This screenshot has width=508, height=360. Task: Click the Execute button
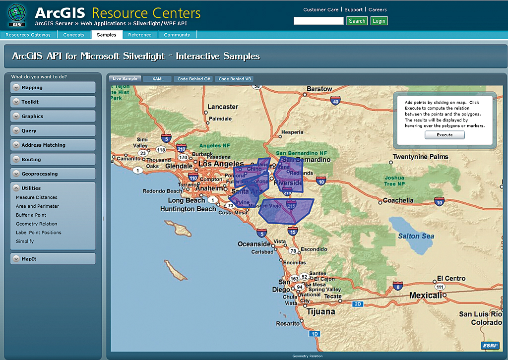click(x=444, y=135)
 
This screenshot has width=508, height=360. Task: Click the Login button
click(x=379, y=21)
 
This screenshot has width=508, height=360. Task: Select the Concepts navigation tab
click(x=74, y=35)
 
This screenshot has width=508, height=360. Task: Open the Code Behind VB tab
click(x=235, y=79)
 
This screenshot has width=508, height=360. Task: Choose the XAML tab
click(x=158, y=79)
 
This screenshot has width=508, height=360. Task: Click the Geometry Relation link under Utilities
click(x=37, y=224)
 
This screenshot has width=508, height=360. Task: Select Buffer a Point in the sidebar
click(x=31, y=215)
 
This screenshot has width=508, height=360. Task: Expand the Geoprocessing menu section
click(x=39, y=174)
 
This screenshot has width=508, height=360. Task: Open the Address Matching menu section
click(x=43, y=145)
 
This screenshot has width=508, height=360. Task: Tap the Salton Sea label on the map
click(x=416, y=236)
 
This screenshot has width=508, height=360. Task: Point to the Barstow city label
click(x=319, y=89)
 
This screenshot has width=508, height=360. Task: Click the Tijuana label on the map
click(x=320, y=312)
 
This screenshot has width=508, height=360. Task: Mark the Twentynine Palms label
click(x=420, y=157)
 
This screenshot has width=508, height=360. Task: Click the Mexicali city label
click(x=425, y=296)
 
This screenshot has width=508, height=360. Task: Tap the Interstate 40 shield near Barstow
click(x=336, y=102)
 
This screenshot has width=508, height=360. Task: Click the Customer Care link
click(x=320, y=9)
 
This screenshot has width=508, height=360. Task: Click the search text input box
click(x=318, y=21)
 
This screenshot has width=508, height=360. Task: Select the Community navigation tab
click(x=177, y=35)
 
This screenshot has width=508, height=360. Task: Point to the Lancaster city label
click(x=223, y=107)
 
